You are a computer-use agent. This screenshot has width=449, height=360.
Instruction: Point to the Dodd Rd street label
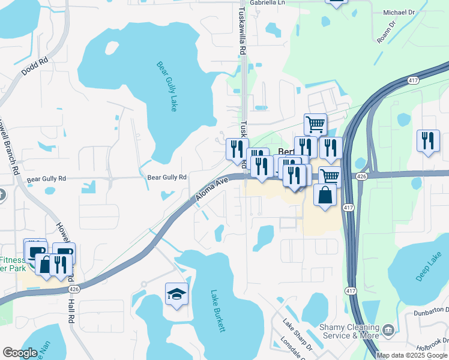[34, 71]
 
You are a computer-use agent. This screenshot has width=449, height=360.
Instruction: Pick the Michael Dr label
[399, 12]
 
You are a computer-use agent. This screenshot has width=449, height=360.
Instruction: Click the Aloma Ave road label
[213, 189]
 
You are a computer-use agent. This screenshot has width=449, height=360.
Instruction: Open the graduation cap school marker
[177, 293]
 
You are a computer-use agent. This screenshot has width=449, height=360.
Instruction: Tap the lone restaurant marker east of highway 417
[427, 141]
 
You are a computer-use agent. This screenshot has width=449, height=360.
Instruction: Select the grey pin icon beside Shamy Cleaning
[388, 329]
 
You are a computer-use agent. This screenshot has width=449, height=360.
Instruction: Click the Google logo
[20, 353]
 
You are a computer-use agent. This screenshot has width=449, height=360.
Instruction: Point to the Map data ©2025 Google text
[412, 355]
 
